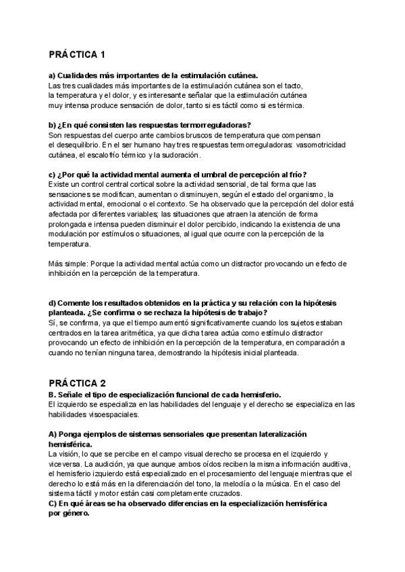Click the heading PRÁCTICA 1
[77, 54]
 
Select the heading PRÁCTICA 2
[77, 382]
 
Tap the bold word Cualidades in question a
[80, 76]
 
